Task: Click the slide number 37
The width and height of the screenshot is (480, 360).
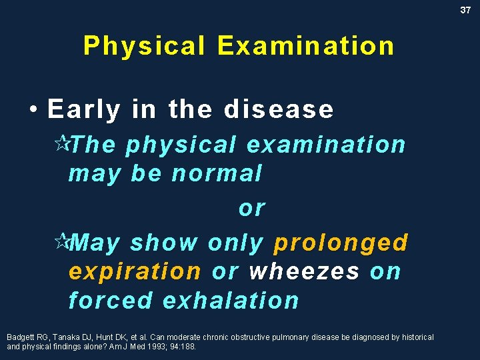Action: coord(465,10)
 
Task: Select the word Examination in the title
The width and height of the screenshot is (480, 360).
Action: coord(305,46)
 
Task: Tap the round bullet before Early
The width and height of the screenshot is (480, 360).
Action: coord(33,109)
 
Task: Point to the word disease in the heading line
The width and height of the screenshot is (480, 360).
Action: coord(279,109)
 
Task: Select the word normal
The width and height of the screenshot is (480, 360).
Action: coord(217,173)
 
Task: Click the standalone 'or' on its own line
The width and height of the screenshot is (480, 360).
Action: coord(251,208)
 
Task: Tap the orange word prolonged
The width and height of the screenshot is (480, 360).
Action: coord(341,243)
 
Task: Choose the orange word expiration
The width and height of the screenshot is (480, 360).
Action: coord(135,271)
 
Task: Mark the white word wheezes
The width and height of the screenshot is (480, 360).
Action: coord(304,271)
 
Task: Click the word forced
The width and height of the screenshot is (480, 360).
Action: coord(111,301)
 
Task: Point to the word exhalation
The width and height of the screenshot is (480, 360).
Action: coord(231,301)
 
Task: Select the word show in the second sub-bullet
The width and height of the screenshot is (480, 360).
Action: coord(164,243)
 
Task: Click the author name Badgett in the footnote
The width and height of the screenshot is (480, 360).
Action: coord(19,337)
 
